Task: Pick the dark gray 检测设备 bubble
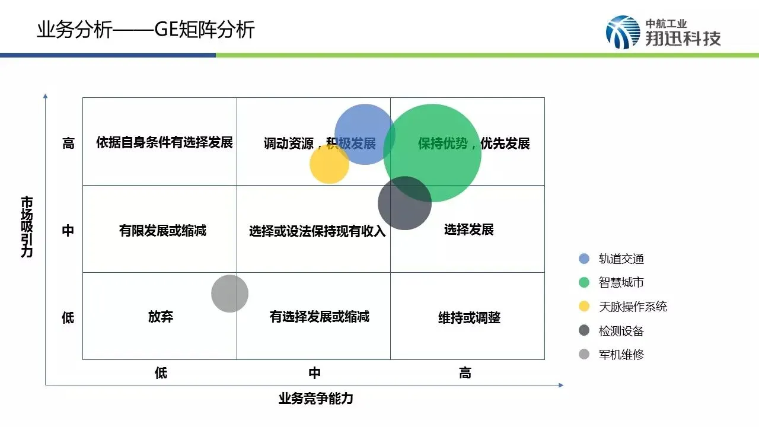click(x=404, y=203)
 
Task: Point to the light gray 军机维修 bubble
click(x=229, y=294)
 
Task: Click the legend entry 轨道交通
click(x=621, y=259)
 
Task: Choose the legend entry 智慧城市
click(x=621, y=283)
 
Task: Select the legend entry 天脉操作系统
click(x=633, y=307)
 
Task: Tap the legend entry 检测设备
click(x=621, y=331)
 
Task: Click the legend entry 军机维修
click(x=621, y=355)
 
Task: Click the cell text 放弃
click(x=160, y=317)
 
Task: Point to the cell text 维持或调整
click(x=469, y=318)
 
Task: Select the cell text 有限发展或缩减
click(x=162, y=230)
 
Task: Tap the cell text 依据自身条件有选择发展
click(x=164, y=142)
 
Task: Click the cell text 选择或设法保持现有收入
click(x=317, y=231)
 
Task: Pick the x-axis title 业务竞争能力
click(x=315, y=398)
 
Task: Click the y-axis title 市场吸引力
click(x=27, y=227)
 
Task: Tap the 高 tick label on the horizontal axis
click(x=465, y=373)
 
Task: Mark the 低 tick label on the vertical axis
click(x=68, y=317)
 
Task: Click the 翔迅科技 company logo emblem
click(x=623, y=32)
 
